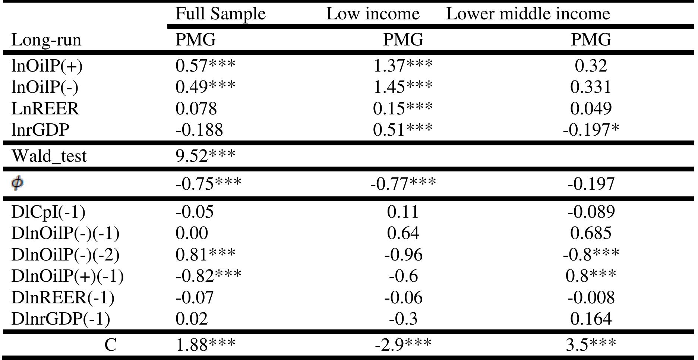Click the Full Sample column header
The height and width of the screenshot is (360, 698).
220,14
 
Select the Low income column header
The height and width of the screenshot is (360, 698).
373,14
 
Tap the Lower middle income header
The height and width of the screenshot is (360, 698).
528,14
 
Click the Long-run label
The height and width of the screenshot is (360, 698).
46,40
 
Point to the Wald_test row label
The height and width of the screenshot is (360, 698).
49,156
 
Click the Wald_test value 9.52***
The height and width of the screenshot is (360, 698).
205,156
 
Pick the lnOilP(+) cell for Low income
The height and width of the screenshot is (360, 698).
403,66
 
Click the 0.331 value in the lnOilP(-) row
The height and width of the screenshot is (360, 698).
591,87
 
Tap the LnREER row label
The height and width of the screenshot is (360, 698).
45,108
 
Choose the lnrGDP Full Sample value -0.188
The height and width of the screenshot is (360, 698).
199,130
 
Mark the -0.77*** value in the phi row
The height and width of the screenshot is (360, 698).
403,183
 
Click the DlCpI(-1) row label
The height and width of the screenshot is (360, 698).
48,212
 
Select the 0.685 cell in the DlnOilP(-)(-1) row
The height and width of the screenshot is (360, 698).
591,233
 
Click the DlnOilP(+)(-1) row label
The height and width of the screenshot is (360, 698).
67,276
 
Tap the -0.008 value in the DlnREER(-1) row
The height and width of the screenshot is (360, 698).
591,298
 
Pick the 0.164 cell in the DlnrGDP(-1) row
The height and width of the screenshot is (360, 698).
591,319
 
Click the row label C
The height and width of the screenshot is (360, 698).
110,345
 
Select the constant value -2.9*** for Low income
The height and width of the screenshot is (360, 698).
403,345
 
